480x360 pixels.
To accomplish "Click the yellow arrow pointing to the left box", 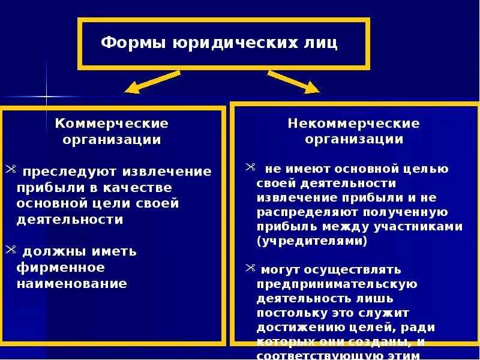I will tap(152, 82).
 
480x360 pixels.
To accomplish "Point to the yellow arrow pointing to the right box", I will tap(293, 82).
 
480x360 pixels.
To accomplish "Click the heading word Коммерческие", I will tap(112, 124).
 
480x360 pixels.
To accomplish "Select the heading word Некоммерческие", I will tap(354, 124).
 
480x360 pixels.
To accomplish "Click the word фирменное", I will tap(61, 267).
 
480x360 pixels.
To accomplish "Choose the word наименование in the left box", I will tap(71, 283).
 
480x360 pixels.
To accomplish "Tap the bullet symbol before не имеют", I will tap(251, 168).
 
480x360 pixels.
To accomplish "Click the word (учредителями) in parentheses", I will tap(312, 241).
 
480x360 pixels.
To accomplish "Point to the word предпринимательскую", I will tap(337, 284).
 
